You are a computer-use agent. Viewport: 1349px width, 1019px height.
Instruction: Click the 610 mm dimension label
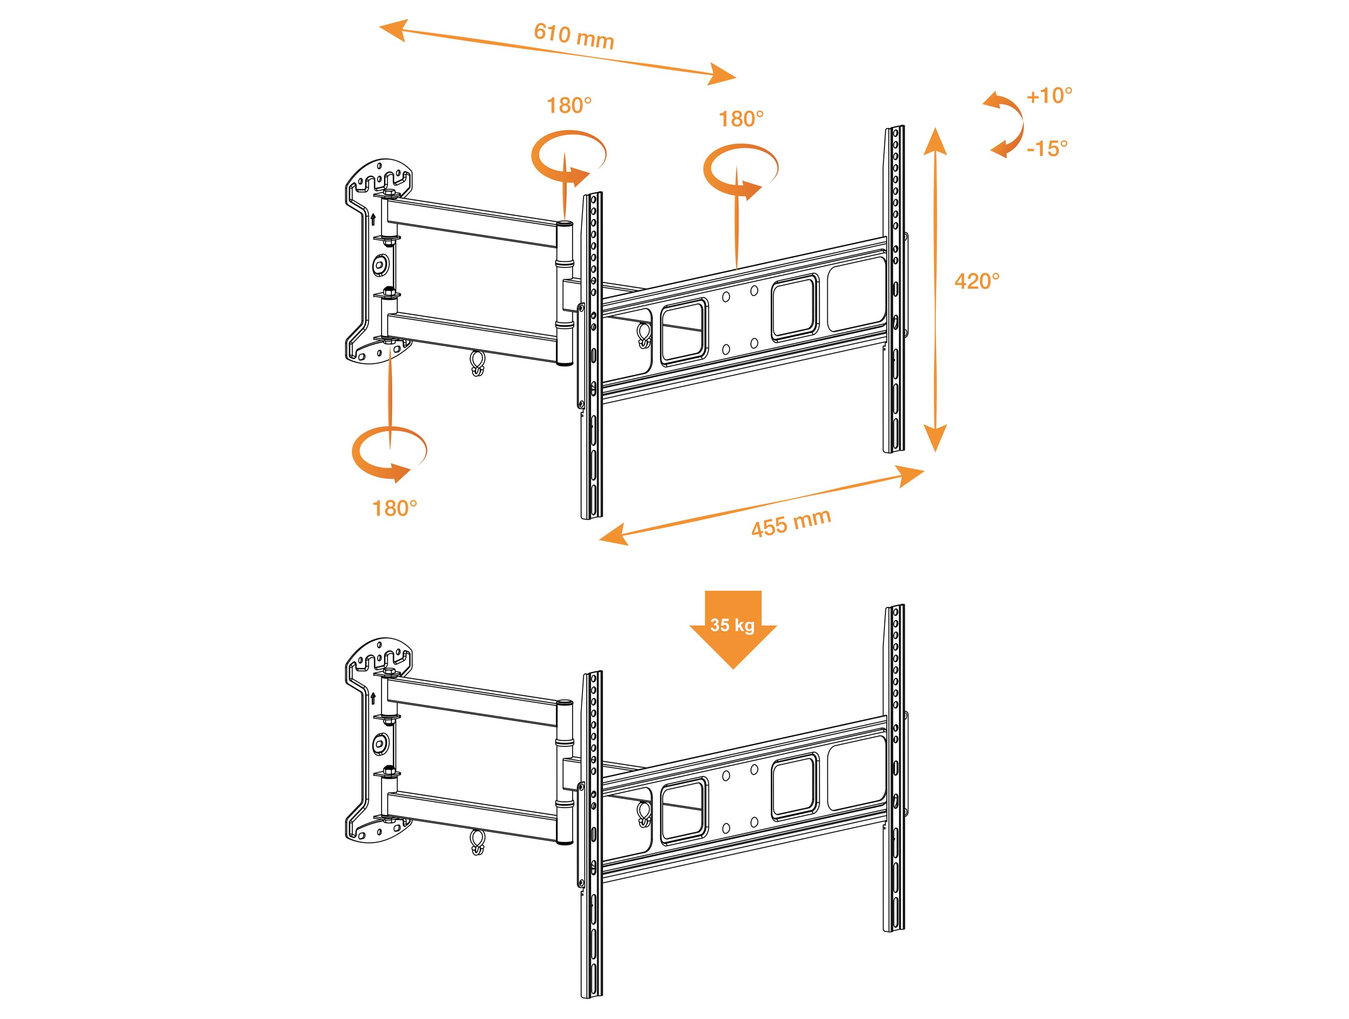pos(574,35)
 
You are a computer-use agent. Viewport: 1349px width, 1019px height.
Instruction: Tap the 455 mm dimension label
pos(791,523)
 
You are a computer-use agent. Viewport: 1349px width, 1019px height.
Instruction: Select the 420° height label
pos(977,281)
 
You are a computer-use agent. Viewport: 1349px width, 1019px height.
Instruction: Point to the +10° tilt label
pos(1049,96)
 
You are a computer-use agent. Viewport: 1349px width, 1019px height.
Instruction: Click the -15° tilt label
pos(1047,148)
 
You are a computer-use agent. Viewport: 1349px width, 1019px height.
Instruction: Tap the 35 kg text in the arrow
pos(733,625)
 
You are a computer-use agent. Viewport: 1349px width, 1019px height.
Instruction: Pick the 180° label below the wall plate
pos(395,508)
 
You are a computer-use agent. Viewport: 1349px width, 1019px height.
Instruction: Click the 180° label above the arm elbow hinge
pos(569,106)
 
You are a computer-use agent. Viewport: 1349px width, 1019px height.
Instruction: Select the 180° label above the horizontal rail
pos(741,119)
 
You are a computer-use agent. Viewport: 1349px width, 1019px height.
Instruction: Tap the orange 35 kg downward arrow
pos(733,630)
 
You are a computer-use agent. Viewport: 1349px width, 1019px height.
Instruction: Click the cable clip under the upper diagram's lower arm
pos(477,363)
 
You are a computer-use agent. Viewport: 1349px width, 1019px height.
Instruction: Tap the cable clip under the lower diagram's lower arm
pos(477,842)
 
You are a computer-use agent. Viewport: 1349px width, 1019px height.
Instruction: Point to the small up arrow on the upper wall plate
pos(373,219)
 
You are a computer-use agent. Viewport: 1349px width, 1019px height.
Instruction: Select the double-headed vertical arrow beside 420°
pos(935,290)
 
